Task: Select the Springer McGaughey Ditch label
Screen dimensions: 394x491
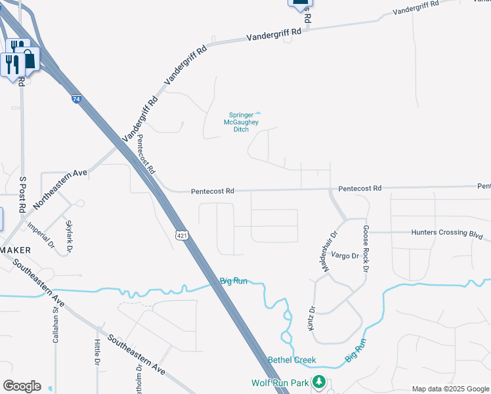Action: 243,121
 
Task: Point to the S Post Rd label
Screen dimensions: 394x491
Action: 22,194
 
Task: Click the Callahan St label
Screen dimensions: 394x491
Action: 56,326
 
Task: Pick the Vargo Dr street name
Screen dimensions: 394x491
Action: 345,255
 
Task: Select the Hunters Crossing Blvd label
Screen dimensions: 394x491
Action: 451,232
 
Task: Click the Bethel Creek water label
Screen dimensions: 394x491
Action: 292,360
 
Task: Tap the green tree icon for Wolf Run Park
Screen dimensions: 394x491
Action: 319,381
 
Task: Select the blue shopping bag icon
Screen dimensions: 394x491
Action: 30,60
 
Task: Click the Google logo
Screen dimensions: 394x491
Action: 22,386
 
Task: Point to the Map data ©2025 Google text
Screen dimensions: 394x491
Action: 450,389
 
